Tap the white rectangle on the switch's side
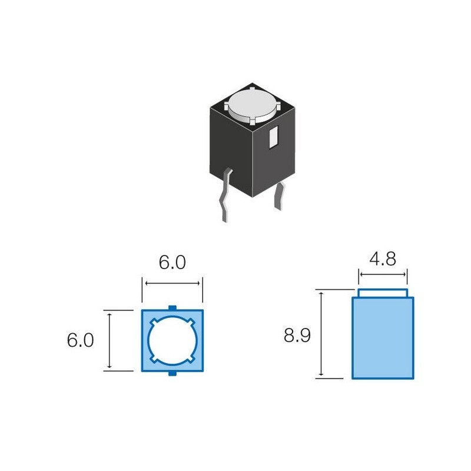[273, 138]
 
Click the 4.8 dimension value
[382, 258]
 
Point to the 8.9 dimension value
[297, 336]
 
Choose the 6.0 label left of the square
[81, 341]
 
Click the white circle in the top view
[172, 340]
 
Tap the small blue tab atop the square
[172, 307]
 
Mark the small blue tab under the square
[172, 374]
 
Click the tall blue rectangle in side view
[383, 339]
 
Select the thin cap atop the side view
[383, 293]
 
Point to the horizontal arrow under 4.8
[383, 274]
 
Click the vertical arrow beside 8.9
[322, 334]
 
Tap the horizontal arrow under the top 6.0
[173, 283]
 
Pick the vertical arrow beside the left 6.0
[110, 340]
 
